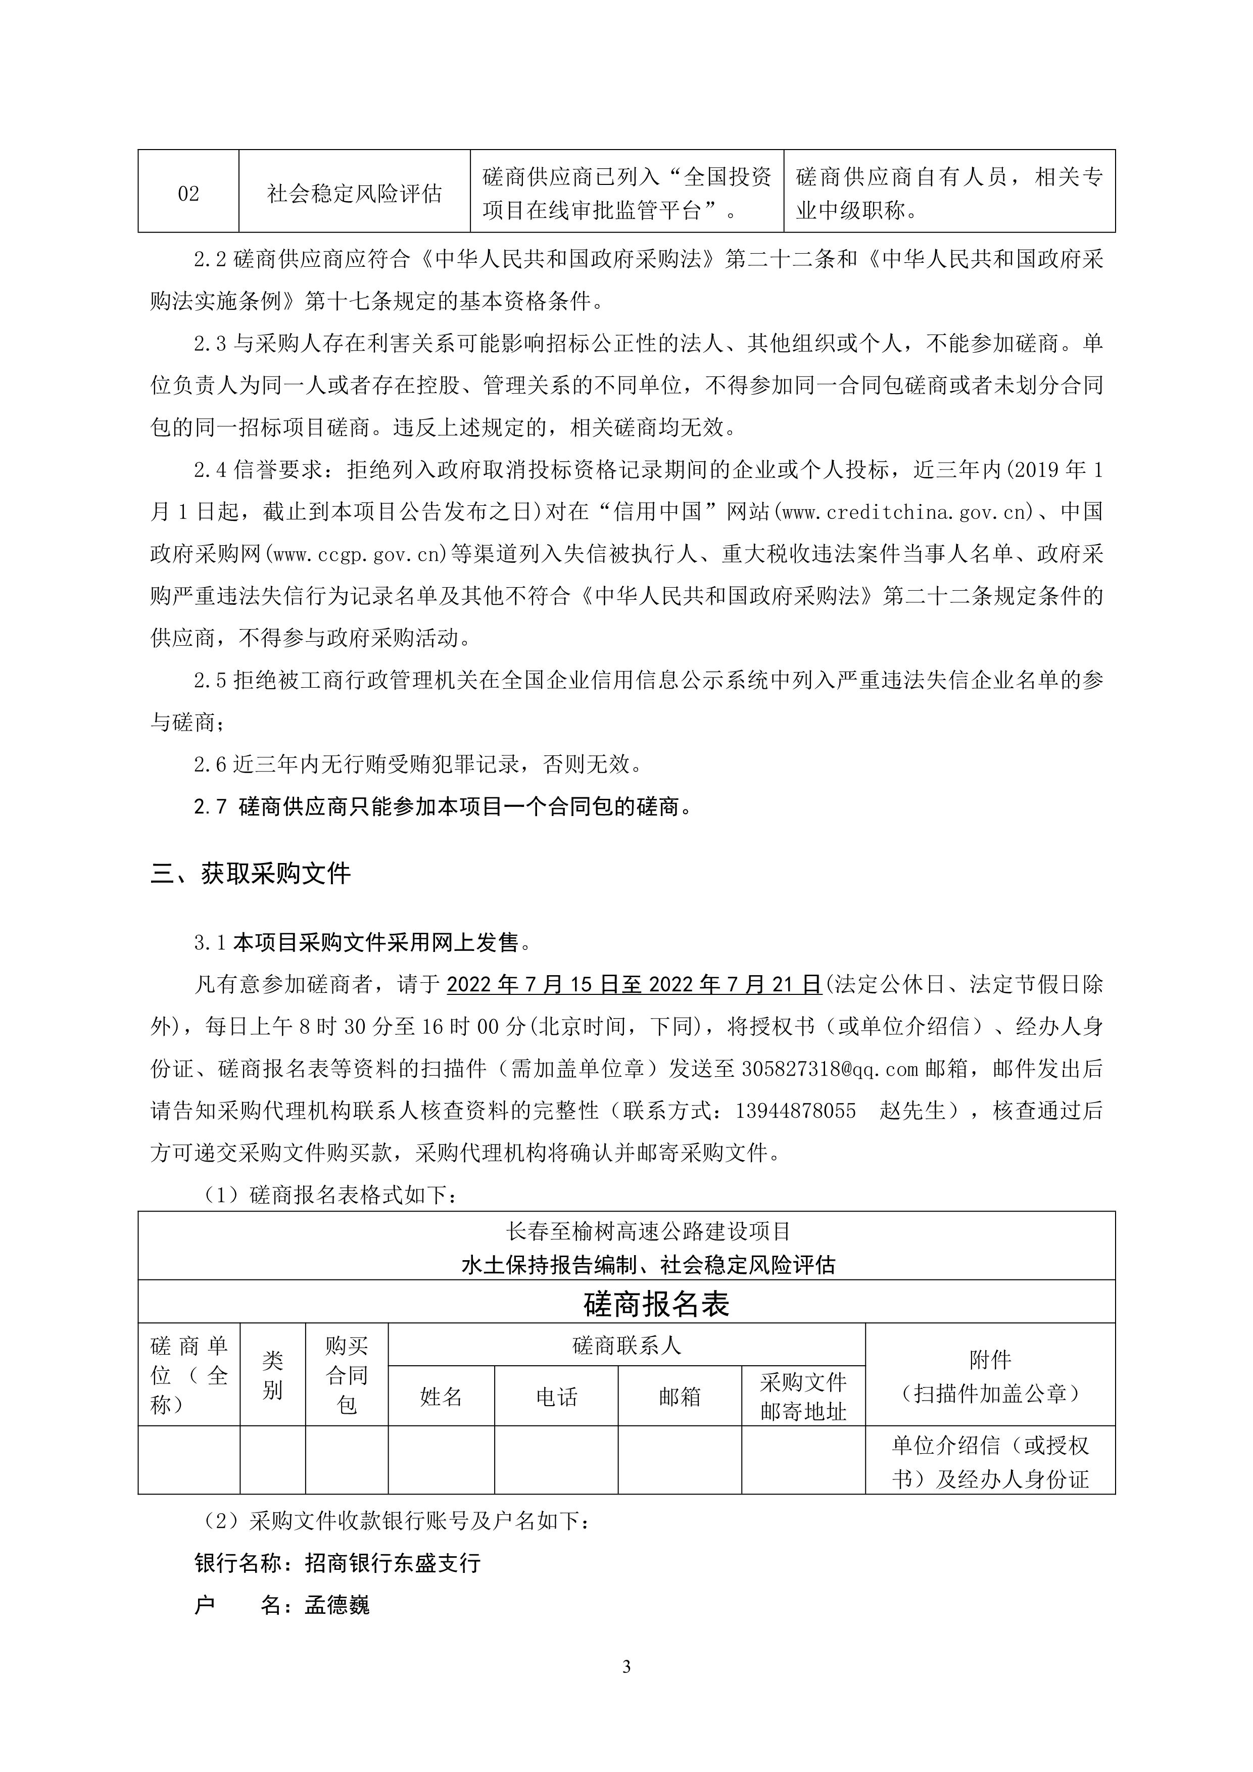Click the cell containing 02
tap(188, 193)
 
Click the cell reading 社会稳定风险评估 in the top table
tap(354, 193)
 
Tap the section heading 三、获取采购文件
tap(251, 873)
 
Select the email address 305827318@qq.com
tap(830, 1069)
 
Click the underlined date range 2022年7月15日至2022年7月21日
tap(634, 985)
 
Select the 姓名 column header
tap(441, 1396)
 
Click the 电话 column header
tap(556, 1396)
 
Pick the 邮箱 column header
tap(680, 1396)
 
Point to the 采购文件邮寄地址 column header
tap(803, 1396)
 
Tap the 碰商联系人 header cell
tap(626, 1346)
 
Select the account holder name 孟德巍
tap(337, 1606)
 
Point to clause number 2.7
tap(210, 807)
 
